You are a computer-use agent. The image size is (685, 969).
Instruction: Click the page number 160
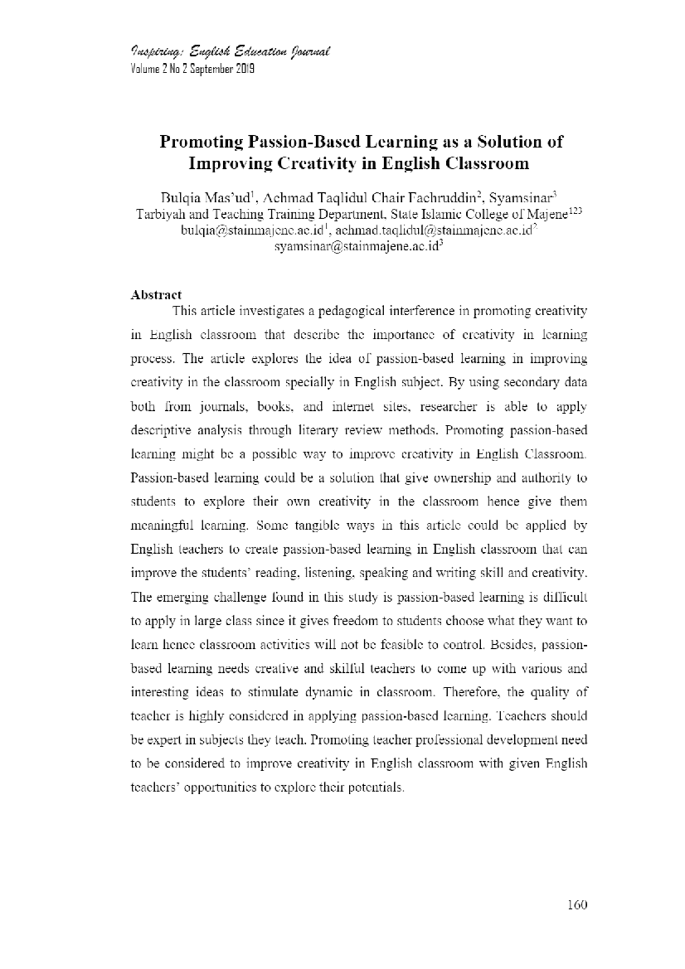tap(577, 905)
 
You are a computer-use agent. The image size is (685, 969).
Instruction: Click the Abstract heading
tap(156, 294)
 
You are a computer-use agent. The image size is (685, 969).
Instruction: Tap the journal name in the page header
tap(231, 53)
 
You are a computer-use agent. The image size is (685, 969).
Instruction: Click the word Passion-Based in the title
tap(303, 142)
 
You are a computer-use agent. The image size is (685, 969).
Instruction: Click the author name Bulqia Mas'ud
tap(206, 199)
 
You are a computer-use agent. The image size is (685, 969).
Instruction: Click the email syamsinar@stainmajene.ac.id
tap(357, 247)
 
